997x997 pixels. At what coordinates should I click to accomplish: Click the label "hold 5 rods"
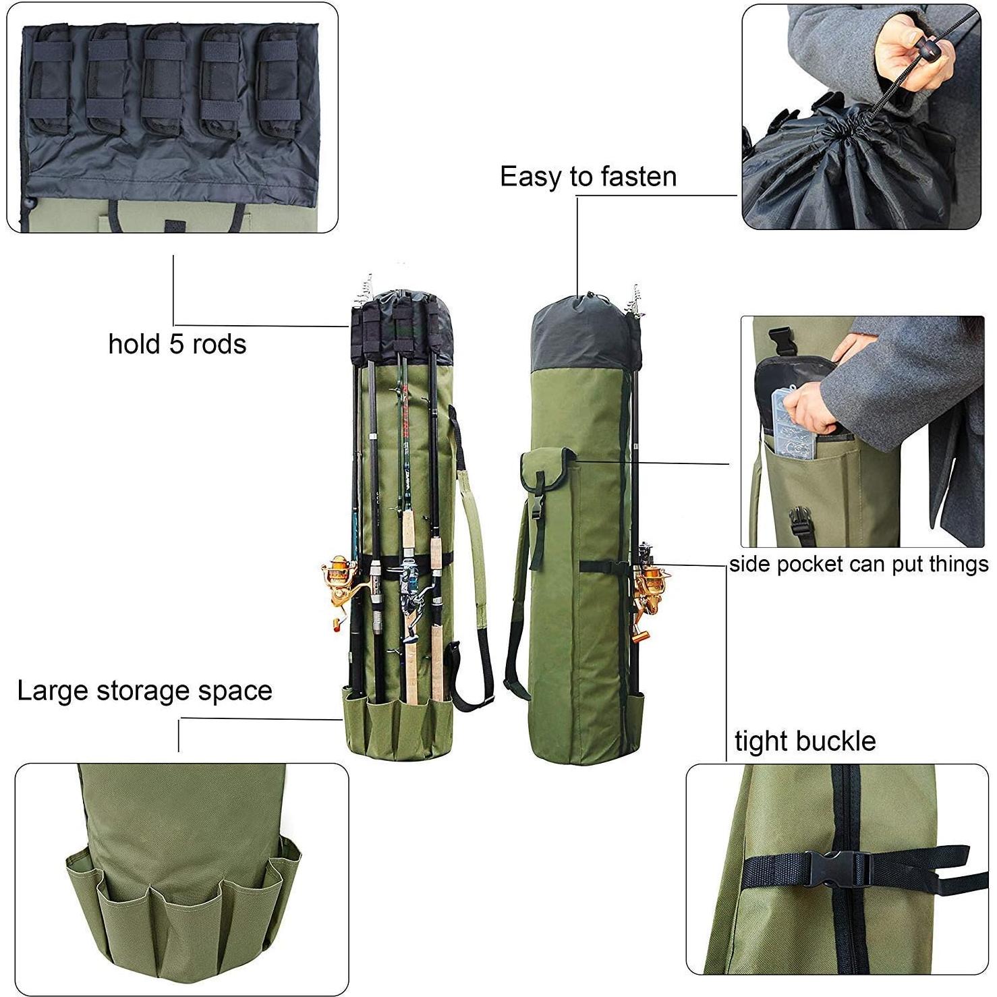click(x=177, y=344)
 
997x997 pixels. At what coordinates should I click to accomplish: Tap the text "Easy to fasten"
click(x=588, y=177)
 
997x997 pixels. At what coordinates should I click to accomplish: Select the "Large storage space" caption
click(x=144, y=691)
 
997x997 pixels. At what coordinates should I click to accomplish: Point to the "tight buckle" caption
click(x=805, y=741)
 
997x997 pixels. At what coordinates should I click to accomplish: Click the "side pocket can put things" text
click(x=858, y=564)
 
